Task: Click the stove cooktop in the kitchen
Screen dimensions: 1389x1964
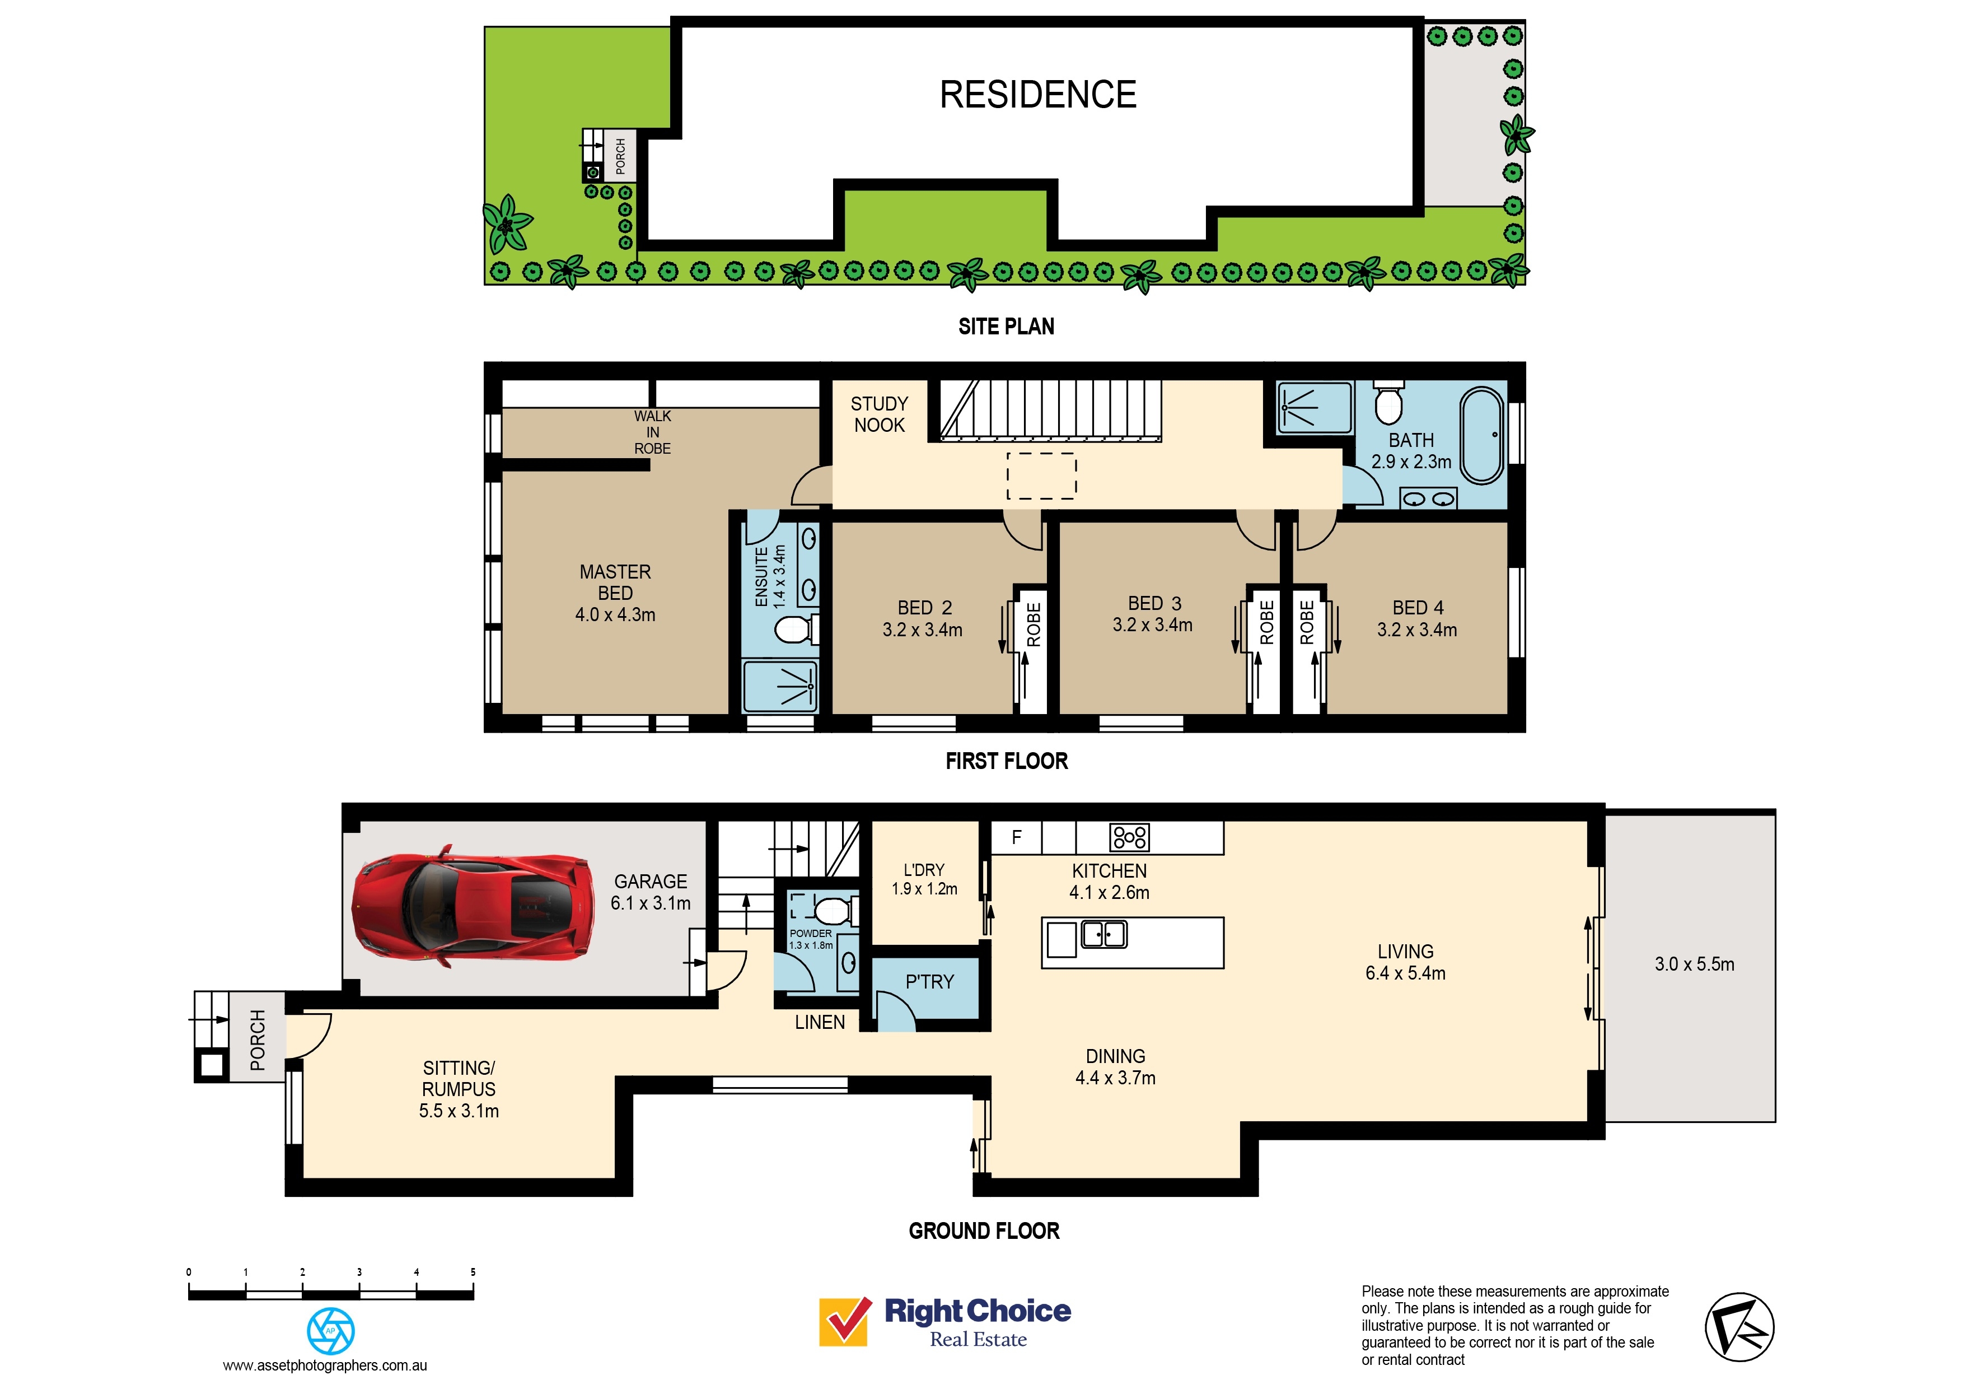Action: tap(1129, 837)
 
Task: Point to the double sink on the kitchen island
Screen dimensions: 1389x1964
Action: tap(1104, 934)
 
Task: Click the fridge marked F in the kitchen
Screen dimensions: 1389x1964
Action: tap(1016, 837)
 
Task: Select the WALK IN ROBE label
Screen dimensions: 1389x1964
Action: tap(653, 432)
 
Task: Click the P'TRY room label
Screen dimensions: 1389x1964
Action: tap(929, 982)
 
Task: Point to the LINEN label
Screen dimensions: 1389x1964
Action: tap(820, 1022)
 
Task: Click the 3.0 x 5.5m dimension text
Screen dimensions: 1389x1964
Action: tap(1694, 964)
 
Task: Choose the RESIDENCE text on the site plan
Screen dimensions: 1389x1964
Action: tap(1037, 94)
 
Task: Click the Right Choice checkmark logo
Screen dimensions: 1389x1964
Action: tap(845, 1321)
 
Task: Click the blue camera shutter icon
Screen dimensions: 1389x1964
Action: tap(330, 1331)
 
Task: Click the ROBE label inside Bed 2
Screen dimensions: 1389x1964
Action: tap(1034, 624)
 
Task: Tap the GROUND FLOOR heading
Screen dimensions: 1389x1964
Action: tap(984, 1230)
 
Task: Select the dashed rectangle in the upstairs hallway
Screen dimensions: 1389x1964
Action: tap(1041, 476)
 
